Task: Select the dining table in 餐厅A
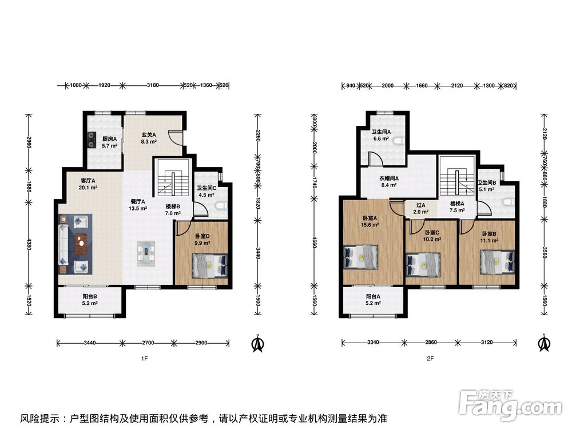pyautogui.click(x=146, y=253)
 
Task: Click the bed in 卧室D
pyautogui.click(x=210, y=265)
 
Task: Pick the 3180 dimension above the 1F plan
pyautogui.click(x=153, y=85)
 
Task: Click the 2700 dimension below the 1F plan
pyautogui.click(x=148, y=343)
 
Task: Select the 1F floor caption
pyautogui.click(x=145, y=359)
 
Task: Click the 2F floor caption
pyautogui.click(x=431, y=359)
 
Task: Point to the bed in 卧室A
pyautogui.click(x=361, y=257)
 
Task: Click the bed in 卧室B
pyautogui.click(x=497, y=261)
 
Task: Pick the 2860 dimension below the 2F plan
pyautogui.click(x=431, y=343)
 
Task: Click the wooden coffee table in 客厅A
pyautogui.click(x=82, y=244)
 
